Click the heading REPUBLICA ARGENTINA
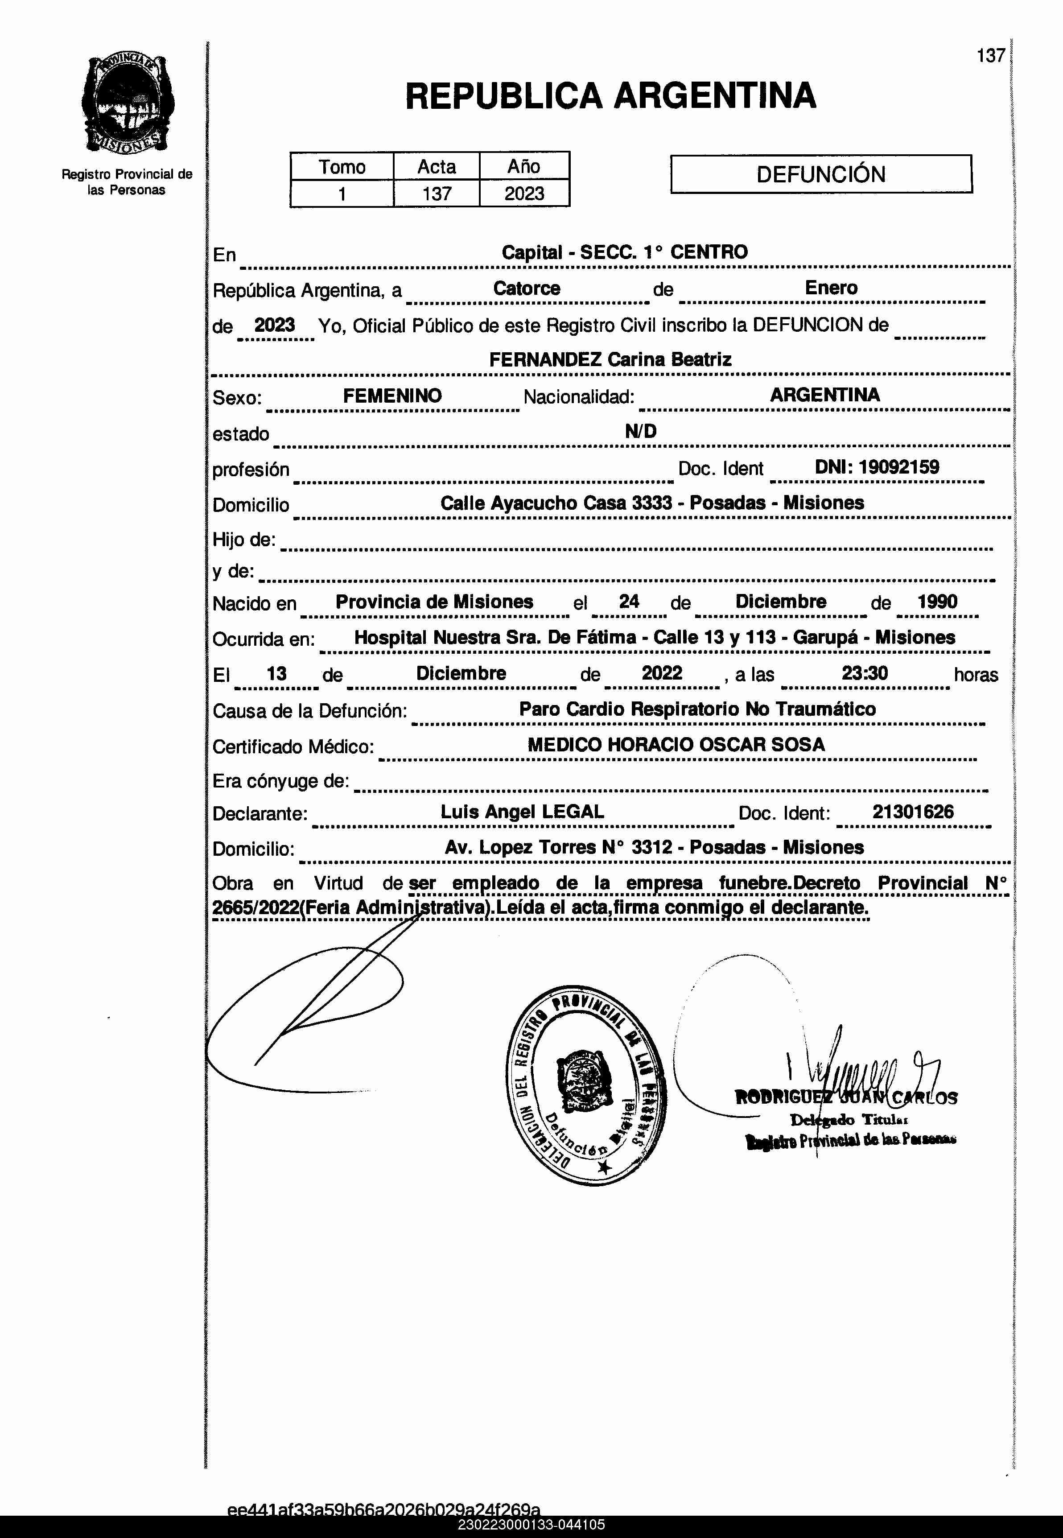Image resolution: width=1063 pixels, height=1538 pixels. tap(610, 95)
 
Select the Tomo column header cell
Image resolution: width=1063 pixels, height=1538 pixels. tap(342, 166)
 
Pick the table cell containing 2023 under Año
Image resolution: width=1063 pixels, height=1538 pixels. tap(524, 194)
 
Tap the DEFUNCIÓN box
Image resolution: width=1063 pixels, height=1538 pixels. tap(820, 174)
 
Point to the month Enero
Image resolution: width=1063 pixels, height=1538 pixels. tap(831, 288)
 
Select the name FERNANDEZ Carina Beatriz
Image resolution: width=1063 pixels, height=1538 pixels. tap(610, 360)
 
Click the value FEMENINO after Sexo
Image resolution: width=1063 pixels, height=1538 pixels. tap(392, 396)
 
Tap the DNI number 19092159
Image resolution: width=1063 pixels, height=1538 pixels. tap(898, 467)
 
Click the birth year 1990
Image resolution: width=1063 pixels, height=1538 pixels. tap(937, 602)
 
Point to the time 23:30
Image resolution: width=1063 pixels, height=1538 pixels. tap(865, 673)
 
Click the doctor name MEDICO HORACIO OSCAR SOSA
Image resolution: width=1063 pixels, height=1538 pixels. tap(676, 745)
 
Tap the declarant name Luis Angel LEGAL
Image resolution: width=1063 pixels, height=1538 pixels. tap(522, 812)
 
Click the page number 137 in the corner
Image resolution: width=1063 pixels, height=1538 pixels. tap(990, 56)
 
